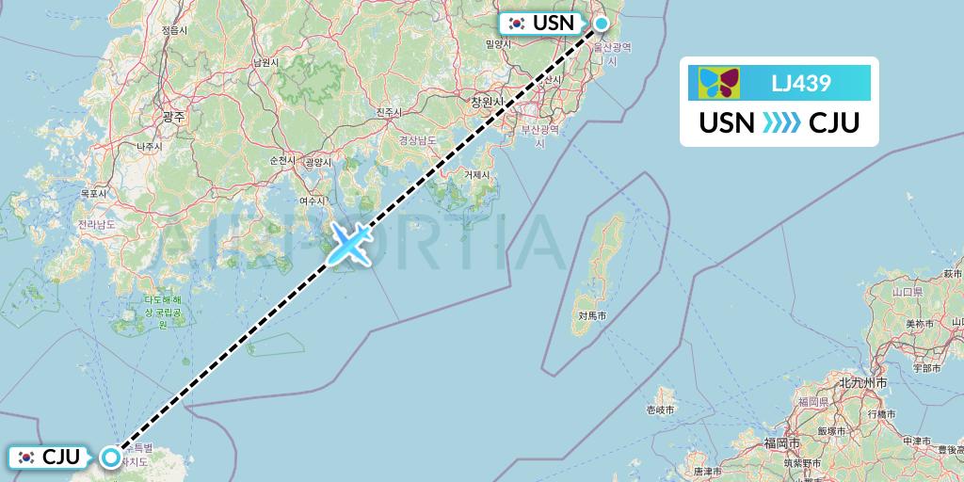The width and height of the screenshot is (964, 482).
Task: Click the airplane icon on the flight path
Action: click(348, 243)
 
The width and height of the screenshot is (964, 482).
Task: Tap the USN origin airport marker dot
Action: click(600, 24)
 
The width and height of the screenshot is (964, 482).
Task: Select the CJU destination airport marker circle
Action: click(111, 458)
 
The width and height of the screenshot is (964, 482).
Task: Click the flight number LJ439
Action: click(800, 83)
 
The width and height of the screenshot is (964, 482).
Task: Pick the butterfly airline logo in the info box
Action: click(719, 83)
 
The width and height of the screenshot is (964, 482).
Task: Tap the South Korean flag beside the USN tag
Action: click(516, 24)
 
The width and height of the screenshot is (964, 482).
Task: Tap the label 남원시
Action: click(266, 62)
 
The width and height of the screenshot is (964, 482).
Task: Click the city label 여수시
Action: click(312, 201)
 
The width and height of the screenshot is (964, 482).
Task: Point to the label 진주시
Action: click(389, 113)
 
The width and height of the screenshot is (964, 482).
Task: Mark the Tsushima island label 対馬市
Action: click(590, 317)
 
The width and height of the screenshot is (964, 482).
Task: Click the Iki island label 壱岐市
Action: click(659, 410)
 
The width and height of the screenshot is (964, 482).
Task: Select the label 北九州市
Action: click(862, 383)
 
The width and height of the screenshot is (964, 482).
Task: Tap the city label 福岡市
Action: click(782, 442)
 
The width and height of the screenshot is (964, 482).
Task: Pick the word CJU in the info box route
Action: click(835, 122)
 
